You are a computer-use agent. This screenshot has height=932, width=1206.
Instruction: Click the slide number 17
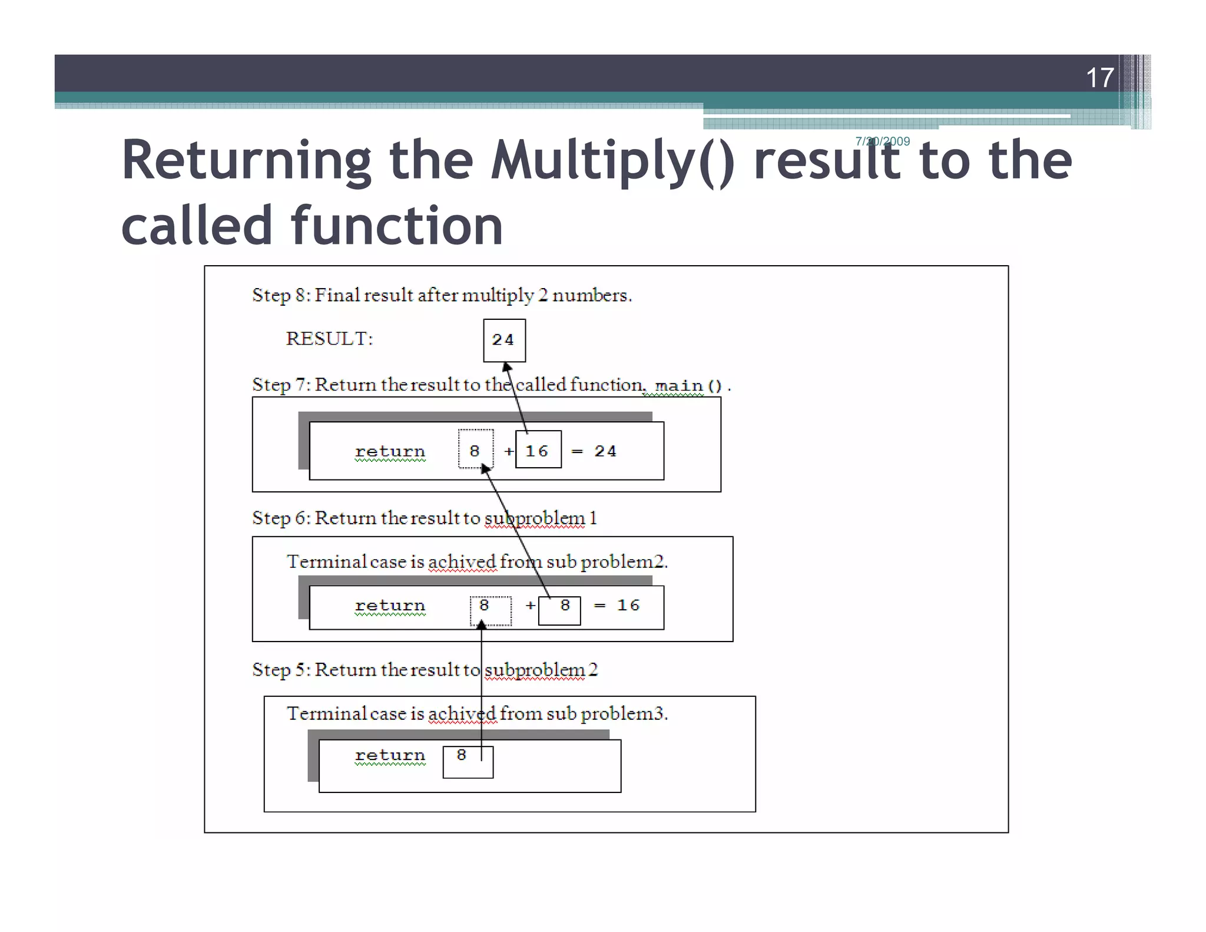coord(1099,78)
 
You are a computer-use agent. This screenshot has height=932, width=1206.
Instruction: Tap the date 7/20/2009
coord(882,141)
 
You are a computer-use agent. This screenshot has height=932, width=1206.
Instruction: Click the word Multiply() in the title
coord(612,160)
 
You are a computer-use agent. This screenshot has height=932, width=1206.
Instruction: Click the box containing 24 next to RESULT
coord(504,340)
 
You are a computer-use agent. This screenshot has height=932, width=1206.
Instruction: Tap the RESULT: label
coord(329,339)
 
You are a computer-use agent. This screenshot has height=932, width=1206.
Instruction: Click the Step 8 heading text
coord(442,295)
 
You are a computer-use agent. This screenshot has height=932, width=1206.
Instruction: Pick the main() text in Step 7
coord(688,386)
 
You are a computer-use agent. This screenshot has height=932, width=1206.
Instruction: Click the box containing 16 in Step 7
coord(538,450)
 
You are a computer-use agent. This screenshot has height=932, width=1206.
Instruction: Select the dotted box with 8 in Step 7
coord(475,450)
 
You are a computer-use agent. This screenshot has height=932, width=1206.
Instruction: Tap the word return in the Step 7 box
coord(390,451)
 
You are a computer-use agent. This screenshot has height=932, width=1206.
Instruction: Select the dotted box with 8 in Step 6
coord(490,610)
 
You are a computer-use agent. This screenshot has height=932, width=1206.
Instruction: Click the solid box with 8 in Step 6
coord(560,610)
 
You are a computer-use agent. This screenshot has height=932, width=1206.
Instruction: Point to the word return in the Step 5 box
coord(390,755)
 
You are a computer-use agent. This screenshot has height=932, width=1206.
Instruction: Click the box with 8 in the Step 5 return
coord(468,761)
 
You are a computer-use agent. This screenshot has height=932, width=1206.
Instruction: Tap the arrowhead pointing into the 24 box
coord(506,367)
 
